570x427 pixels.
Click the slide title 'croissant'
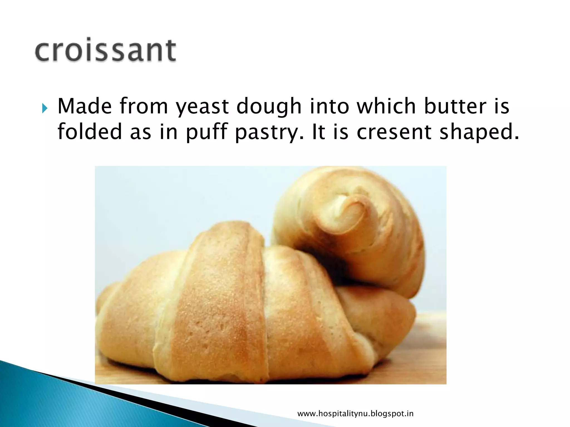[x=105, y=50]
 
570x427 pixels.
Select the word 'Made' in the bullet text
[x=85, y=106]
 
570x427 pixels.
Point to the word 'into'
[x=330, y=106]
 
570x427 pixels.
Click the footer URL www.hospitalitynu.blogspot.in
[x=355, y=414]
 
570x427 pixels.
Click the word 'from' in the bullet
[x=144, y=106]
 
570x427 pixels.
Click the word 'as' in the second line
[x=141, y=132]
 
